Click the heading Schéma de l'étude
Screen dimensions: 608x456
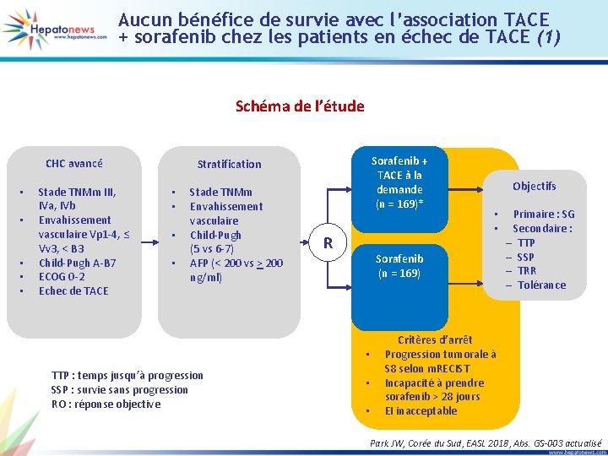click(300, 106)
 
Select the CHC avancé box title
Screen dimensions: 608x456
click(74, 164)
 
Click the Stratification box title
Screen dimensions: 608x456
click(229, 164)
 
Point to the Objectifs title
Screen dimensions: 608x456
click(534, 186)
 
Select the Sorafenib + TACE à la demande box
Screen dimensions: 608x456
click(400, 182)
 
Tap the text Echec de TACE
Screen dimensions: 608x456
click(73, 291)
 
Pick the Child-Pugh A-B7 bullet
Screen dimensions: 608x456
click(77, 263)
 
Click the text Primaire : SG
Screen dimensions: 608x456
click(543, 214)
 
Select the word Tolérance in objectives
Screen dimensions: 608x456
click(541, 285)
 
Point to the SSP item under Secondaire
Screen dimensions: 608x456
click(525, 257)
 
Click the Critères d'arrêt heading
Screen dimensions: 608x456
click(435, 340)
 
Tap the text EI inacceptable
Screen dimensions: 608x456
click(421, 411)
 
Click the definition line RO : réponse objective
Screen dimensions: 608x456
click(106, 404)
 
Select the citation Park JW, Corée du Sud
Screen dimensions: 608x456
click(486, 442)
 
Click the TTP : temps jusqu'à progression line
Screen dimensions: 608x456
click(127, 375)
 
